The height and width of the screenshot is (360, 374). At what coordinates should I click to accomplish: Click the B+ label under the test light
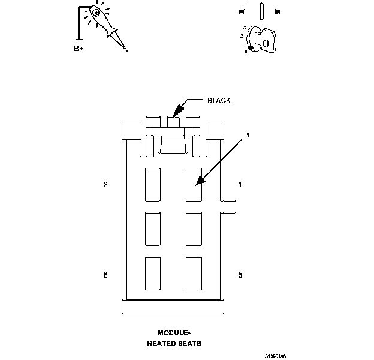pos(79,49)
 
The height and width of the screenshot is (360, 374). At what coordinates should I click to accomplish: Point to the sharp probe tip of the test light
pos(126,51)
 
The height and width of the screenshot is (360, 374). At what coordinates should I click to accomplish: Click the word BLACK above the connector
pos(219,100)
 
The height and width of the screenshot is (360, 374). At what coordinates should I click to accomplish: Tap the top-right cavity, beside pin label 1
pos(194,184)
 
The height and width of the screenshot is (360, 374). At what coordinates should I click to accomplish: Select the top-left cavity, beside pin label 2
pos(153,184)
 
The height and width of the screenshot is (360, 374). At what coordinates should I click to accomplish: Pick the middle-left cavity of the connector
pos(153,229)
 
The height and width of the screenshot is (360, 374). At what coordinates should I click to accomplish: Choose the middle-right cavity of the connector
pos(194,229)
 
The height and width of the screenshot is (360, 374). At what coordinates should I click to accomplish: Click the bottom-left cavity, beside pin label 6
pos(153,273)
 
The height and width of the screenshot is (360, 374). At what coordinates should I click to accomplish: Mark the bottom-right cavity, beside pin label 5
pos(194,273)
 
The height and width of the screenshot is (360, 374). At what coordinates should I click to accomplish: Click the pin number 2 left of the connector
pos(105,185)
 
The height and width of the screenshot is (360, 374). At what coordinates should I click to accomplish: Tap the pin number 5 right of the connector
pos(240,275)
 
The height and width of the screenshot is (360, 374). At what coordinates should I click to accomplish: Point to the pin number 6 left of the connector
pos(105,275)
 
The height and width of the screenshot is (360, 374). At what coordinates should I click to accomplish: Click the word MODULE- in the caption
pos(173,333)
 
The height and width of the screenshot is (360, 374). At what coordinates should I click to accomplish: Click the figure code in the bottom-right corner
pos(275,356)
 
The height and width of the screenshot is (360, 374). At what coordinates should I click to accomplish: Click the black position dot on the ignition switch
pos(251,47)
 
